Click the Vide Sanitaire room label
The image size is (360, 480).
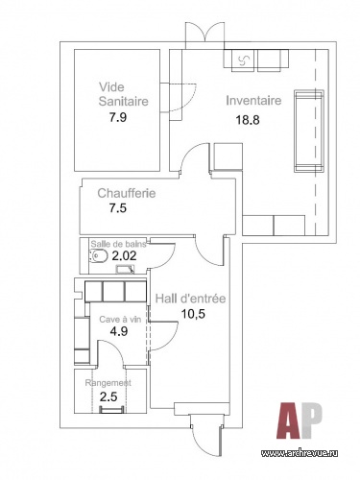(x=123, y=94)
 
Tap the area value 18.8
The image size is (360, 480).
(x=248, y=120)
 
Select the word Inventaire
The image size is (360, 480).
(x=253, y=101)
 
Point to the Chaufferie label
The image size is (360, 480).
(x=127, y=193)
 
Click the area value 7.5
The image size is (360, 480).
(x=118, y=208)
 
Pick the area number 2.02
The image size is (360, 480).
(x=124, y=255)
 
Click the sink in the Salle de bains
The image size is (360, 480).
(x=125, y=269)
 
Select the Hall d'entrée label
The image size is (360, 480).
(x=190, y=299)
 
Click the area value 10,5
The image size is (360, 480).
(x=193, y=314)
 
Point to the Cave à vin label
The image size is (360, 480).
(x=120, y=320)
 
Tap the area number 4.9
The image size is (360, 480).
(x=119, y=331)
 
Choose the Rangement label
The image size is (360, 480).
(x=108, y=383)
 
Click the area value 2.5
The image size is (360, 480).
(x=108, y=397)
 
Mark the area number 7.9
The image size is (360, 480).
(x=118, y=117)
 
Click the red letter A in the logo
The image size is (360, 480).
(x=288, y=420)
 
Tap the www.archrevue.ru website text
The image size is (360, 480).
(x=300, y=453)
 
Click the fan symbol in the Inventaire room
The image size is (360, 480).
(x=244, y=60)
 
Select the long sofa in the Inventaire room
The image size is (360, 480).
(x=309, y=132)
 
